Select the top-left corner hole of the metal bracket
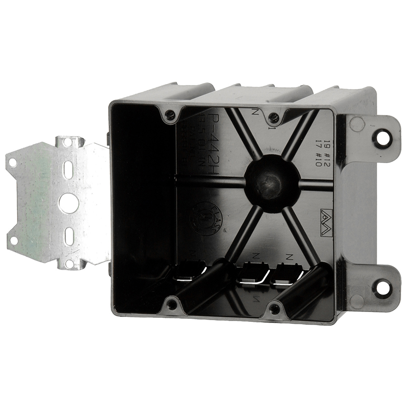13,162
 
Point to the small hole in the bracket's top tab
67,142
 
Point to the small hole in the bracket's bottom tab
69,263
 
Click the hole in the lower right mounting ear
382,288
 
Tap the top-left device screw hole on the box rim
170,115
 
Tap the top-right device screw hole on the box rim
273,119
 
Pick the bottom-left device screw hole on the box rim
172,304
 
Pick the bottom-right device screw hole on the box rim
274,310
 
